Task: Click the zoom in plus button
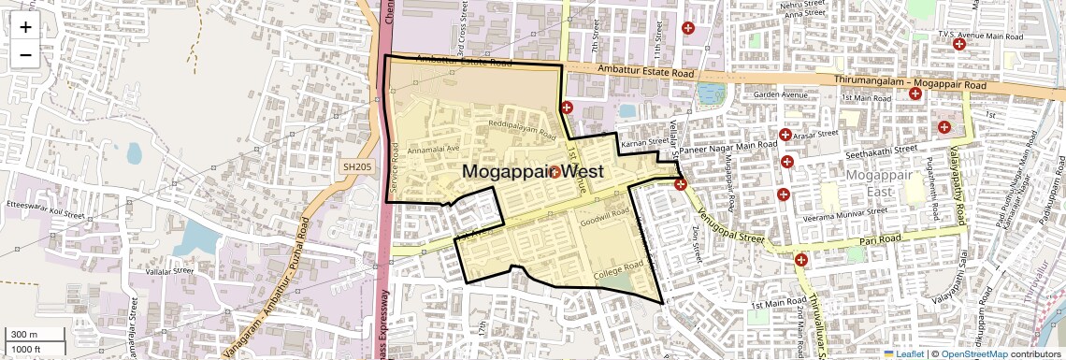click(x=25, y=26)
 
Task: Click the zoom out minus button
click(x=25, y=55)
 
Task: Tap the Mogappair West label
click(x=532, y=172)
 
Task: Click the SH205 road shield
click(x=356, y=165)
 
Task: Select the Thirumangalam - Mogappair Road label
click(x=910, y=83)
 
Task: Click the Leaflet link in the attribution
click(x=904, y=353)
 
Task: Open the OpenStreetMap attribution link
click(x=973, y=353)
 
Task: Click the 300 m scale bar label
click(x=24, y=334)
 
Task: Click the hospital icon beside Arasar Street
click(x=785, y=135)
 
